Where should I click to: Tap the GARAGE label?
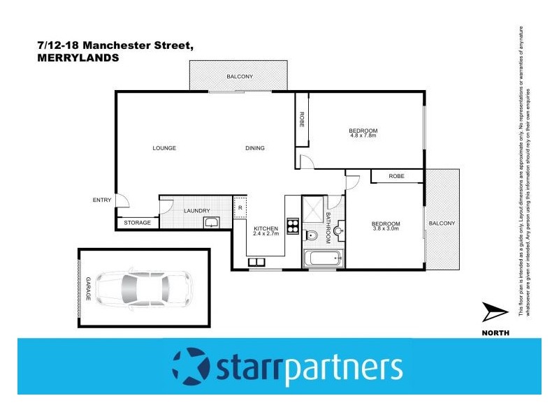pos(89,287)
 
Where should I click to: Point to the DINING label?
pos(255,148)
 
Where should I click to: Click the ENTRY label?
pos(101,200)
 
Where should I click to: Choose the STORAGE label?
pos(137,223)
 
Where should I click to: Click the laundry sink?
pos(210,223)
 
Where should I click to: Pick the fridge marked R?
pos(240,207)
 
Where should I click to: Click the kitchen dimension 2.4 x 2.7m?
pos(266,234)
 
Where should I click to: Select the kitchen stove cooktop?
pos(293,227)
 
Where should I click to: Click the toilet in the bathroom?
pos(312,235)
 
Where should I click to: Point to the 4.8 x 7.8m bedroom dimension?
pos(363,136)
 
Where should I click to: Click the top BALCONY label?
pos(239,76)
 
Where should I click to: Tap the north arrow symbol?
pos(497,314)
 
